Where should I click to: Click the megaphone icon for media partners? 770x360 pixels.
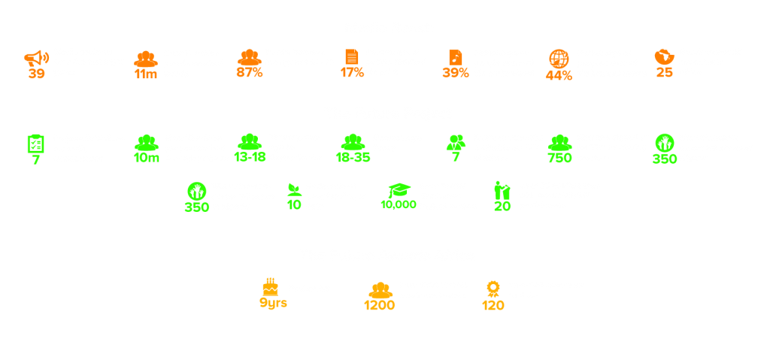tap(35, 57)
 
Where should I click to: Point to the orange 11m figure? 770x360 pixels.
tap(145, 74)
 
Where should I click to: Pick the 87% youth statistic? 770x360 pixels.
tap(249, 73)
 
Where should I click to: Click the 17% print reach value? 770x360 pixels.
tap(352, 73)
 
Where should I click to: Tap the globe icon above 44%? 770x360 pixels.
tap(559, 59)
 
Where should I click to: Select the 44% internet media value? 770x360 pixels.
tap(559, 74)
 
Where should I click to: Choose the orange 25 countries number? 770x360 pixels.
tap(664, 73)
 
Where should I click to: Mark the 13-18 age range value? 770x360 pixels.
tap(249, 158)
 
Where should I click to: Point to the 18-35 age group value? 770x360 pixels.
tap(352, 158)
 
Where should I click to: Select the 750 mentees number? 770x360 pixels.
tap(559, 158)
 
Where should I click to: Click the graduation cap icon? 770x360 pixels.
tap(398, 189)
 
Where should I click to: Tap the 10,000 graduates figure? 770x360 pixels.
tap(398, 204)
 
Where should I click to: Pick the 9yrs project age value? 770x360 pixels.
tap(273, 304)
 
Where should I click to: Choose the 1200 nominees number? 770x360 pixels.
tap(379, 305)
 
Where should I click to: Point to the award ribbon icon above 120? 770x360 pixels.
tap(493, 289)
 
